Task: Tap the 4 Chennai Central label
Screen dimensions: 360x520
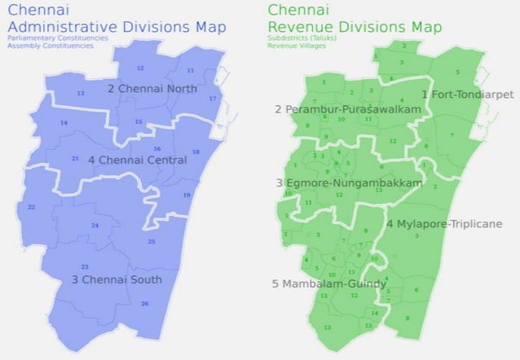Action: tap(137, 160)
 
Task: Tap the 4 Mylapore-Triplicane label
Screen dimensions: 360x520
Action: tap(444, 223)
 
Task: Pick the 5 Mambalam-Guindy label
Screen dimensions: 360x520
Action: tap(328, 284)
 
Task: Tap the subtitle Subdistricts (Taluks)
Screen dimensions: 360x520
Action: tap(305, 38)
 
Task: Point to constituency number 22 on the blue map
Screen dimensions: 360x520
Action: tap(31, 208)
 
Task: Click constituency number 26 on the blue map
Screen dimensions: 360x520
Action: tap(144, 304)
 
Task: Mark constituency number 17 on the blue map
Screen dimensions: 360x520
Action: tap(213, 99)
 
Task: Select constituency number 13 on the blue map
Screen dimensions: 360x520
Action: tap(81, 94)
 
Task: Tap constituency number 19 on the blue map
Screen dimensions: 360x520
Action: tap(187, 195)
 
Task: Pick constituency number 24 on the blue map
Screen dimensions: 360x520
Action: tap(95, 225)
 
